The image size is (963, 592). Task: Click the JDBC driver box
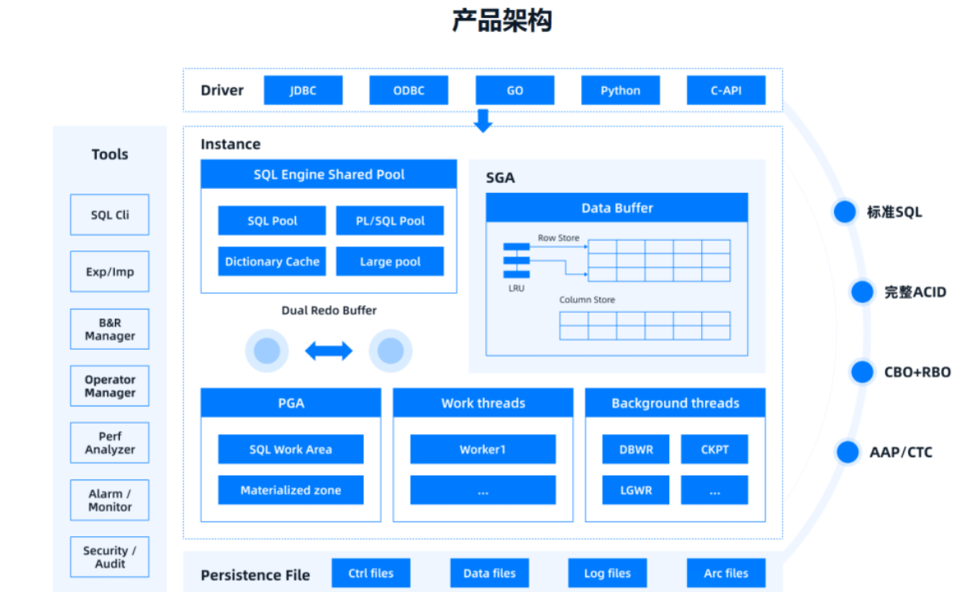(x=303, y=90)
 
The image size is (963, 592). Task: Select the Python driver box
(x=620, y=90)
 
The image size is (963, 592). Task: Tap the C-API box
(x=726, y=90)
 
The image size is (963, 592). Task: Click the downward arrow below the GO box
(x=484, y=121)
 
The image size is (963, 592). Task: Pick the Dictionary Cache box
(x=272, y=261)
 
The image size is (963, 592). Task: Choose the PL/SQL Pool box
(x=390, y=220)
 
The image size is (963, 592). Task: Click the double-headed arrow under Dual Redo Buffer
(x=328, y=351)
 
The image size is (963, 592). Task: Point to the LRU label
(x=516, y=289)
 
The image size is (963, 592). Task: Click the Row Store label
(x=558, y=238)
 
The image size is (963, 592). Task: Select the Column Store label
(x=587, y=300)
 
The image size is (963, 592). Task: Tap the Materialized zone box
(x=291, y=490)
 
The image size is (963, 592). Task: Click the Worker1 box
(x=483, y=449)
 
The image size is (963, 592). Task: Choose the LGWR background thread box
(x=636, y=490)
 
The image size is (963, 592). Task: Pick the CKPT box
(x=714, y=449)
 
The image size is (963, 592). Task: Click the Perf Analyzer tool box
(x=110, y=443)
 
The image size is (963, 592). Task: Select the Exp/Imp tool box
(x=110, y=272)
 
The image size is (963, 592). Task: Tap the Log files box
(x=608, y=573)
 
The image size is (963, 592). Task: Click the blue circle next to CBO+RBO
(x=862, y=372)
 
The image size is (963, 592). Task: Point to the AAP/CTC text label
(x=901, y=452)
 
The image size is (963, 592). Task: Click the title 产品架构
(x=502, y=21)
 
